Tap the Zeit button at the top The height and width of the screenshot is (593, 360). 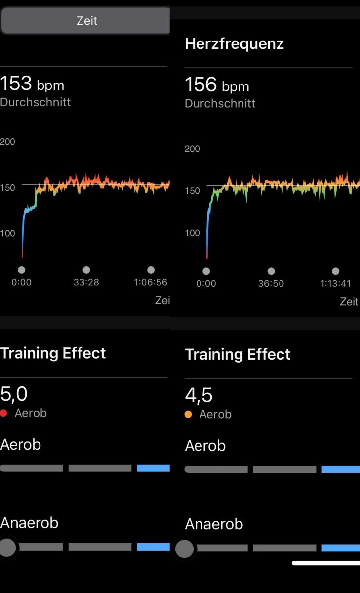click(86, 21)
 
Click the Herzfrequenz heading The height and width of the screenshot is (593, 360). click(234, 44)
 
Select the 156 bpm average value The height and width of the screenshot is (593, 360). click(217, 85)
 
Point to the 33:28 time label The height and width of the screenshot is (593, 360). click(86, 282)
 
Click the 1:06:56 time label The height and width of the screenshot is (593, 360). click(151, 282)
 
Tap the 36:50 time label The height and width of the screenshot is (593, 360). click(271, 283)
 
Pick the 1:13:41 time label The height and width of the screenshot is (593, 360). click(335, 283)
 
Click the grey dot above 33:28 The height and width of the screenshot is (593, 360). click(86, 270)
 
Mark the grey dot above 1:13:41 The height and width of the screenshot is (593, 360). click(336, 271)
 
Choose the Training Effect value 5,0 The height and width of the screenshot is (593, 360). click(14, 394)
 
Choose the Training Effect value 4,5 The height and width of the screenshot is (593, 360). click(199, 395)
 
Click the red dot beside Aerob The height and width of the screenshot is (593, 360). click(4, 413)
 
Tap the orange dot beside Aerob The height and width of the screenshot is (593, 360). click(188, 414)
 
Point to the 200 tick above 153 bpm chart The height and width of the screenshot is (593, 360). click(8, 142)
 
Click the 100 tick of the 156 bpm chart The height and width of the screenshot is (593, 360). click(192, 233)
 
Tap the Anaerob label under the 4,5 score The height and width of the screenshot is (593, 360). click(214, 524)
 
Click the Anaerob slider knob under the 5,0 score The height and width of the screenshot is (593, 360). click(7, 547)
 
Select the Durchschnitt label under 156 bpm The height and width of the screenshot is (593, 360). click(220, 104)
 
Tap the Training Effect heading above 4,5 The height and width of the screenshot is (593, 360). click(238, 354)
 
